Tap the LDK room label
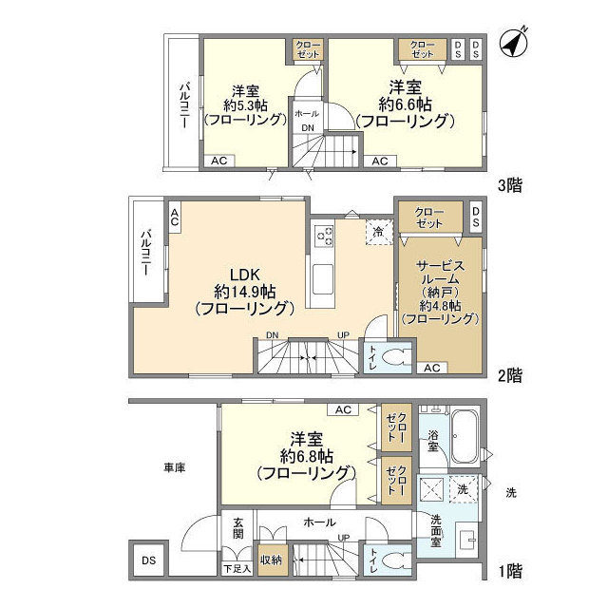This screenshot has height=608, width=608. pyautogui.click(x=245, y=275)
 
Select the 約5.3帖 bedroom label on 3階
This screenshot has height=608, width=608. pyautogui.click(x=245, y=105)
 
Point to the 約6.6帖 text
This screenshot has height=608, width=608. pyautogui.click(x=406, y=104)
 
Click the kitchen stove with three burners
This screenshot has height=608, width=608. pyautogui.click(x=324, y=237)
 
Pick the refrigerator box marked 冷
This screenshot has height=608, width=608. pyautogui.click(x=380, y=232)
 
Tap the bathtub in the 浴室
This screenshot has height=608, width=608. pyautogui.click(x=465, y=437)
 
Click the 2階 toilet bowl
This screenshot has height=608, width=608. pyautogui.click(x=396, y=357)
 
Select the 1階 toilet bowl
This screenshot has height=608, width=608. pyautogui.click(x=396, y=561)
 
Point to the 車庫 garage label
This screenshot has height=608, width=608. pyautogui.click(x=175, y=468)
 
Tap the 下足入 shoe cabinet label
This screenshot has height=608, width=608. pyautogui.click(x=237, y=569)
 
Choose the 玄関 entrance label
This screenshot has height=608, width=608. pyautogui.click(x=237, y=527)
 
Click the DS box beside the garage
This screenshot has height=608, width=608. pyautogui.click(x=148, y=560)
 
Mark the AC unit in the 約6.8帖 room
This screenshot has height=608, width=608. pyautogui.click(x=343, y=409)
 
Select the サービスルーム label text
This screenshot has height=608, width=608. pyautogui.click(x=440, y=273)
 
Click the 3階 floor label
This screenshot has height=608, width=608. pyautogui.click(x=510, y=185)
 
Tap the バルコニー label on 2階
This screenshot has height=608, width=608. pyautogui.click(x=146, y=253)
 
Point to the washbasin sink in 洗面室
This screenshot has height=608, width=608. pyautogui.click(x=466, y=540)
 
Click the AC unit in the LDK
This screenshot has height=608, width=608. pyautogui.click(x=175, y=218)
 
